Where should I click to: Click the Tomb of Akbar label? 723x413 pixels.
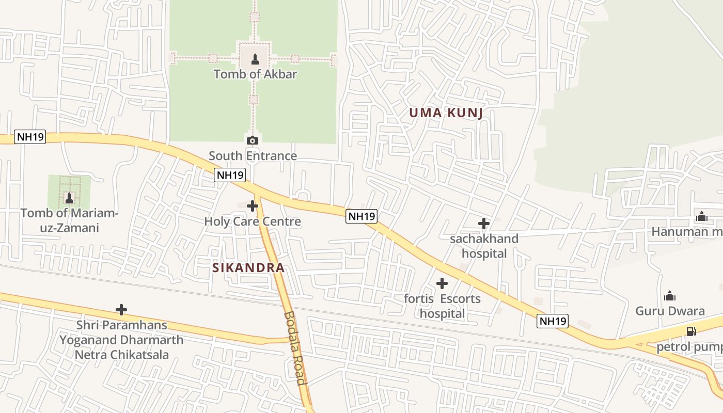click(255, 74)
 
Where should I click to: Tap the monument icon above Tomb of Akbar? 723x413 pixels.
click(255, 59)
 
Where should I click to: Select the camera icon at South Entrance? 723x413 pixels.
click(253, 140)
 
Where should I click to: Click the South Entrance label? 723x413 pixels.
click(253, 155)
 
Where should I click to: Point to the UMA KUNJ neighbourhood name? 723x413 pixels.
click(446, 113)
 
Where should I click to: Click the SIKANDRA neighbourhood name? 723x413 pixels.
click(248, 267)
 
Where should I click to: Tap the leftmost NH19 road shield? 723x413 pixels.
click(30, 137)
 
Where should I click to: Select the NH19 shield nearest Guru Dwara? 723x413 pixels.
click(553, 321)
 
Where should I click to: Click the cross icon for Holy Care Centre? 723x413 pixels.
click(253, 206)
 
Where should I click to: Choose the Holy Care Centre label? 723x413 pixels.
click(253, 221)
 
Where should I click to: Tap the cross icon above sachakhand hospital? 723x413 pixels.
click(484, 224)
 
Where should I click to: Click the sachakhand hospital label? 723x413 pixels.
click(484, 246)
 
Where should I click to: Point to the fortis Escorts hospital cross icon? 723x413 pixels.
click(442, 283)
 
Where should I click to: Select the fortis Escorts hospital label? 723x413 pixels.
click(442, 306)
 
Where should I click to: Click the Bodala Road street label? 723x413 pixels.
click(294, 348)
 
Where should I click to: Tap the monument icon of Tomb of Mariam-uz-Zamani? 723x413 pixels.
click(69, 198)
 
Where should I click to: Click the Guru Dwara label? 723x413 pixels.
click(670, 311)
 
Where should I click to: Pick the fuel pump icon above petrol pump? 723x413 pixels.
click(690, 331)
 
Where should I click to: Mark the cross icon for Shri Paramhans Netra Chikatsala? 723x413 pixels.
click(121, 310)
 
